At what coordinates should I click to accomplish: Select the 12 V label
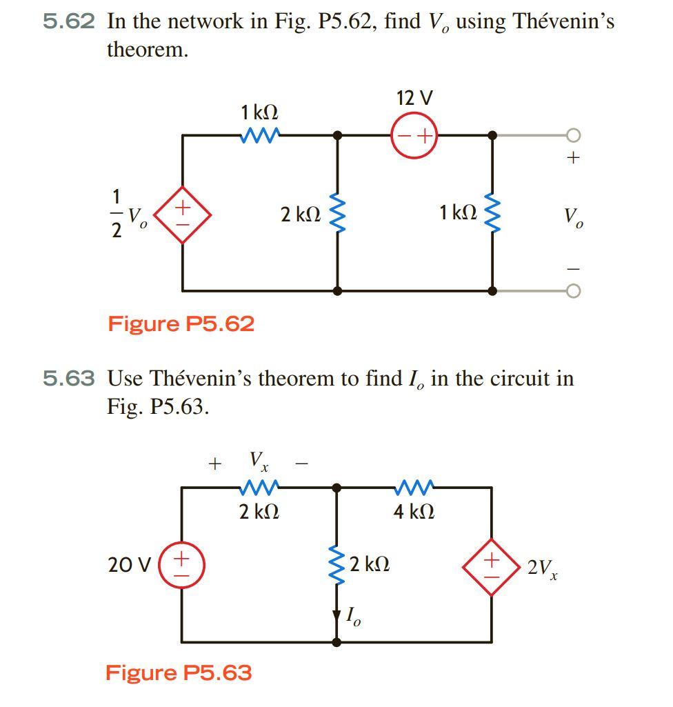pyautogui.click(x=414, y=98)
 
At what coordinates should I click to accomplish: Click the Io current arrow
pyautogui.click(x=337, y=613)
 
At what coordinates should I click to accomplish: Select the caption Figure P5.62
pyautogui.click(x=181, y=323)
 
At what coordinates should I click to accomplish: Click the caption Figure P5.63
pyautogui.click(x=179, y=673)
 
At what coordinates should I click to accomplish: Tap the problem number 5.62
pyautogui.click(x=68, y=21)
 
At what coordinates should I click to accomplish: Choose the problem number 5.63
pyautogui.click(x=68, y=378)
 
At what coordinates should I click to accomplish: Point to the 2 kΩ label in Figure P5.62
pyautogui.click(x=300, y=214)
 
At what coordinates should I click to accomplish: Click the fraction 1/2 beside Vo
pyautogui.click(x=116, y=214)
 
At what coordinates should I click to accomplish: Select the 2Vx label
pyautogui.click(x=542, y=568)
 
